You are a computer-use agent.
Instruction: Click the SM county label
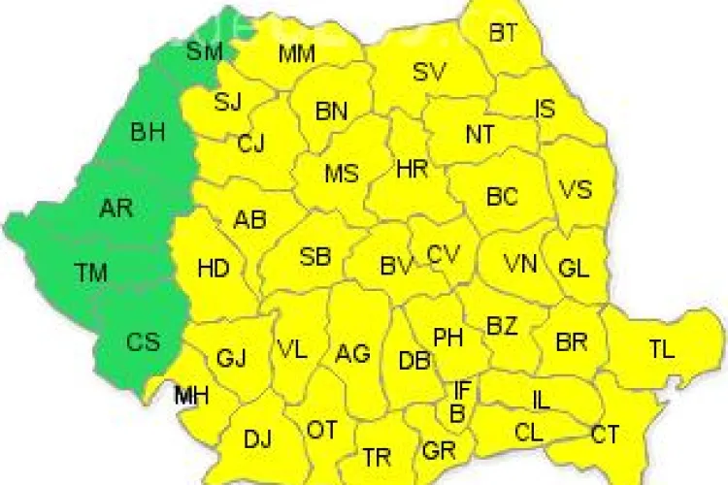tap(205, 50)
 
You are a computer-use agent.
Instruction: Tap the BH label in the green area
tap(148, 132)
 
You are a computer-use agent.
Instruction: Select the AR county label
tap(116, 208)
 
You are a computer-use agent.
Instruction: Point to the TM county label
tap(91, 273)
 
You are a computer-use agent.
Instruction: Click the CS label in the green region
tap(142, 340)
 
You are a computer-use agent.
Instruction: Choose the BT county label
tap(503, 34)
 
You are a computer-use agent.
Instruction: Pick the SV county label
tap(429, 72)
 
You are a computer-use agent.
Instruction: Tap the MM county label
tap(296, 53)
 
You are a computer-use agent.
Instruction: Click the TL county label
tap(662, 350)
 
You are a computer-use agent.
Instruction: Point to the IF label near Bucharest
tap(463, 390)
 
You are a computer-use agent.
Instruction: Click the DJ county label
tap(257, 439)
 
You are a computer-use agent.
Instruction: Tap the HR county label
tap(412, 169)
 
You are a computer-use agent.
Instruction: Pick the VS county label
tap(576, 189)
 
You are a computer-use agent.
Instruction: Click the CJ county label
tap(250, 145)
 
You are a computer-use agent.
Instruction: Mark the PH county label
tap(447, 338)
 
